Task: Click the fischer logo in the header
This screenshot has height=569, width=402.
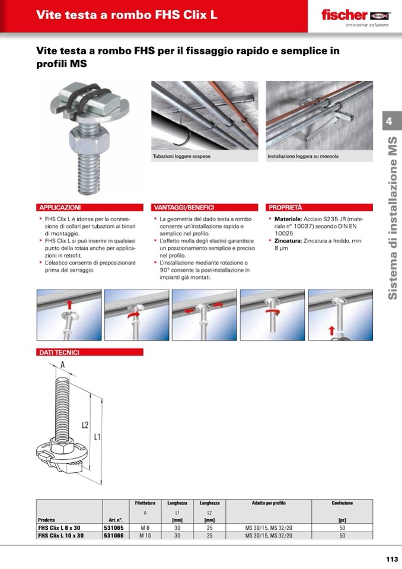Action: click(x=355, y=15)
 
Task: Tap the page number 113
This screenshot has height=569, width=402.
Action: click(x=392, y=559)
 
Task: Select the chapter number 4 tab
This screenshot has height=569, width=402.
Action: click(x=390, y=121)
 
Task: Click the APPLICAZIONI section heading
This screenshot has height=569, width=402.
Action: click(x=60, y=208)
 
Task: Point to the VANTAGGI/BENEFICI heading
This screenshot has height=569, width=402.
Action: click(x=184, y=208)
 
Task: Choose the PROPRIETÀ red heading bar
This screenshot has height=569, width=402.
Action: click(x=320, y=208)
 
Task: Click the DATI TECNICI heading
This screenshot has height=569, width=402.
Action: click(x=59, y=352)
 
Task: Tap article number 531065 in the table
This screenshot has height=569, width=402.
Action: click(x=114, y=528)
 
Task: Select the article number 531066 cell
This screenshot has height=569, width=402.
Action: click(x=114, y=535)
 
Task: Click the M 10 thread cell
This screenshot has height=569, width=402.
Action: click(x=145, y=535)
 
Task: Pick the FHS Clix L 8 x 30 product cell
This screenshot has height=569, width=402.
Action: click(x=59, y=528)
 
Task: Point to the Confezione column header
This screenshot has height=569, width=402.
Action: click(x=342, y=503)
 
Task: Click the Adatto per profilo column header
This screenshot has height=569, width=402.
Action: click(x=269, y=503)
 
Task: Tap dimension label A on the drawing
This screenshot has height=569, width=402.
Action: click(x=63, y=365)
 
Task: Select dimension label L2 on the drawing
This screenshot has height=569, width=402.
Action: click(x=85, y=425)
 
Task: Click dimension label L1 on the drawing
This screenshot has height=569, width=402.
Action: click(x=97, y=437)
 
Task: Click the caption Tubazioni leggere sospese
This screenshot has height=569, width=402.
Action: click(x=181, y=157)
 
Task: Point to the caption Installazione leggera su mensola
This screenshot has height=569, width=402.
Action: click(x=303, y=157)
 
